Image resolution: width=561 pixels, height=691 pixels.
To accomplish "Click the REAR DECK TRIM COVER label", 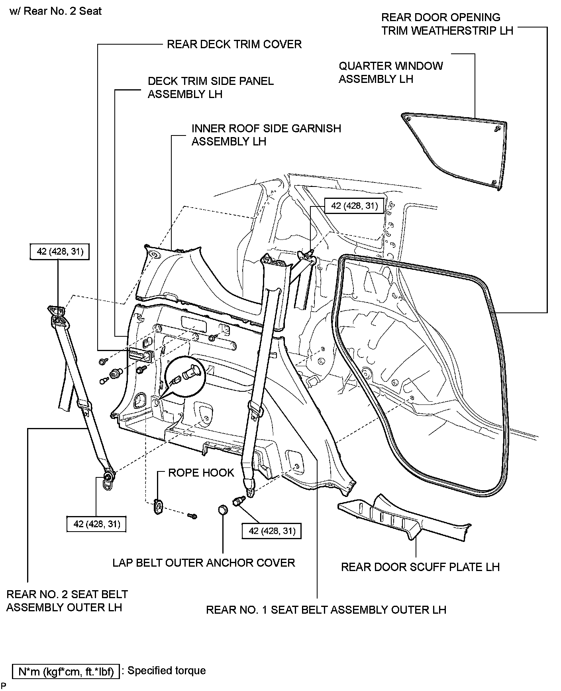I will coord(234,44).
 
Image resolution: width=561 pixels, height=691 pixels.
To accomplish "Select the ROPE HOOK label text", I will coord(201,473).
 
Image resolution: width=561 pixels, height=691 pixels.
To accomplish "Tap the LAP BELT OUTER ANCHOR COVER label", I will coord(204,563).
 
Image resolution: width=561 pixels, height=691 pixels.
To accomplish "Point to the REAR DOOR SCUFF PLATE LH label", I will coord(420,567).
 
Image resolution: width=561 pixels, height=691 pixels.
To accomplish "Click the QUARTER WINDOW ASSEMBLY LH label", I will coord(390,73).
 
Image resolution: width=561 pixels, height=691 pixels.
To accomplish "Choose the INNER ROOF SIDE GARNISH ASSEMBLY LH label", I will coord(266,135).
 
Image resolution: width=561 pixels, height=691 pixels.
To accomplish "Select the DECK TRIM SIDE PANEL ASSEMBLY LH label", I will coord(210,88).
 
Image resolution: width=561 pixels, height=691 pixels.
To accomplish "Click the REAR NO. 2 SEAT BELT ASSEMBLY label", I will coord(67,601).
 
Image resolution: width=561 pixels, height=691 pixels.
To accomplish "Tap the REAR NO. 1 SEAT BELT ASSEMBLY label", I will coord(326,610).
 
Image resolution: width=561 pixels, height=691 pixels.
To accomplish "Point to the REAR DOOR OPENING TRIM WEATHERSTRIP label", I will coord(447,24).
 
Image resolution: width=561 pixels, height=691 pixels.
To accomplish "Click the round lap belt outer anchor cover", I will coord(223,510).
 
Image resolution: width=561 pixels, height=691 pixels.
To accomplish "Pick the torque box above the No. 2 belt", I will coord(59,251).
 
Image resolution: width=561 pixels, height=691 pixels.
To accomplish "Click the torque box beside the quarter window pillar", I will coord(354,206).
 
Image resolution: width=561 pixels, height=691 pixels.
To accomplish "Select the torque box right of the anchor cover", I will coord(272,531).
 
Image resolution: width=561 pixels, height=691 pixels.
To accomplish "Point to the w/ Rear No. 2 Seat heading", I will coord(55,11).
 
